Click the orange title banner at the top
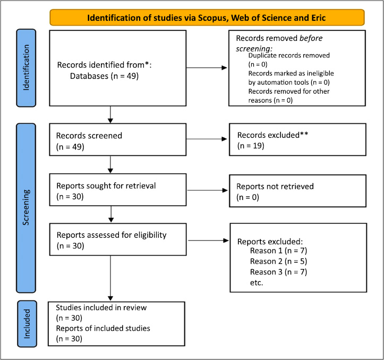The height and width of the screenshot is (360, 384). coord(207,18)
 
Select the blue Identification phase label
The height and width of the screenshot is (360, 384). coord(26,68)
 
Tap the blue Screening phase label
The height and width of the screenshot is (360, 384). coord(26,208)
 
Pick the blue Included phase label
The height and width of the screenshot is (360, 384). coord(27,324)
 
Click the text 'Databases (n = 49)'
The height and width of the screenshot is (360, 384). coord(104,76)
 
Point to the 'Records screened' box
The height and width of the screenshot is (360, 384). coord(118,139)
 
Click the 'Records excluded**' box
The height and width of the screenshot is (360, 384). coord(297,139)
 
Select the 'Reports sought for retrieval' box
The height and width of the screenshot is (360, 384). coord(118,190)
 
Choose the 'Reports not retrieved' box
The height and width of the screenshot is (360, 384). coord(297,191)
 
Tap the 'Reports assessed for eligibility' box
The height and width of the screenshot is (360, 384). coord(118,239)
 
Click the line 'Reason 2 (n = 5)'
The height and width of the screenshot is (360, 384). coord(278,262)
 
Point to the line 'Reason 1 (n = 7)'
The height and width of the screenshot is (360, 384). coord(278,251)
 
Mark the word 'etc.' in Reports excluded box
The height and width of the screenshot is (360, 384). coord(257,283)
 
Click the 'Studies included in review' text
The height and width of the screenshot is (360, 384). coord(101,307)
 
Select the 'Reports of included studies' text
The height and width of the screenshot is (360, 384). coord(103,329)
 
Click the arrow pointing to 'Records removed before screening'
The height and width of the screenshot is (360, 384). coord(207,68)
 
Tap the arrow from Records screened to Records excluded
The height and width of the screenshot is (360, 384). coord(207,139)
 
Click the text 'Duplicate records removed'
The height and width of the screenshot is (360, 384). coord(289,55)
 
